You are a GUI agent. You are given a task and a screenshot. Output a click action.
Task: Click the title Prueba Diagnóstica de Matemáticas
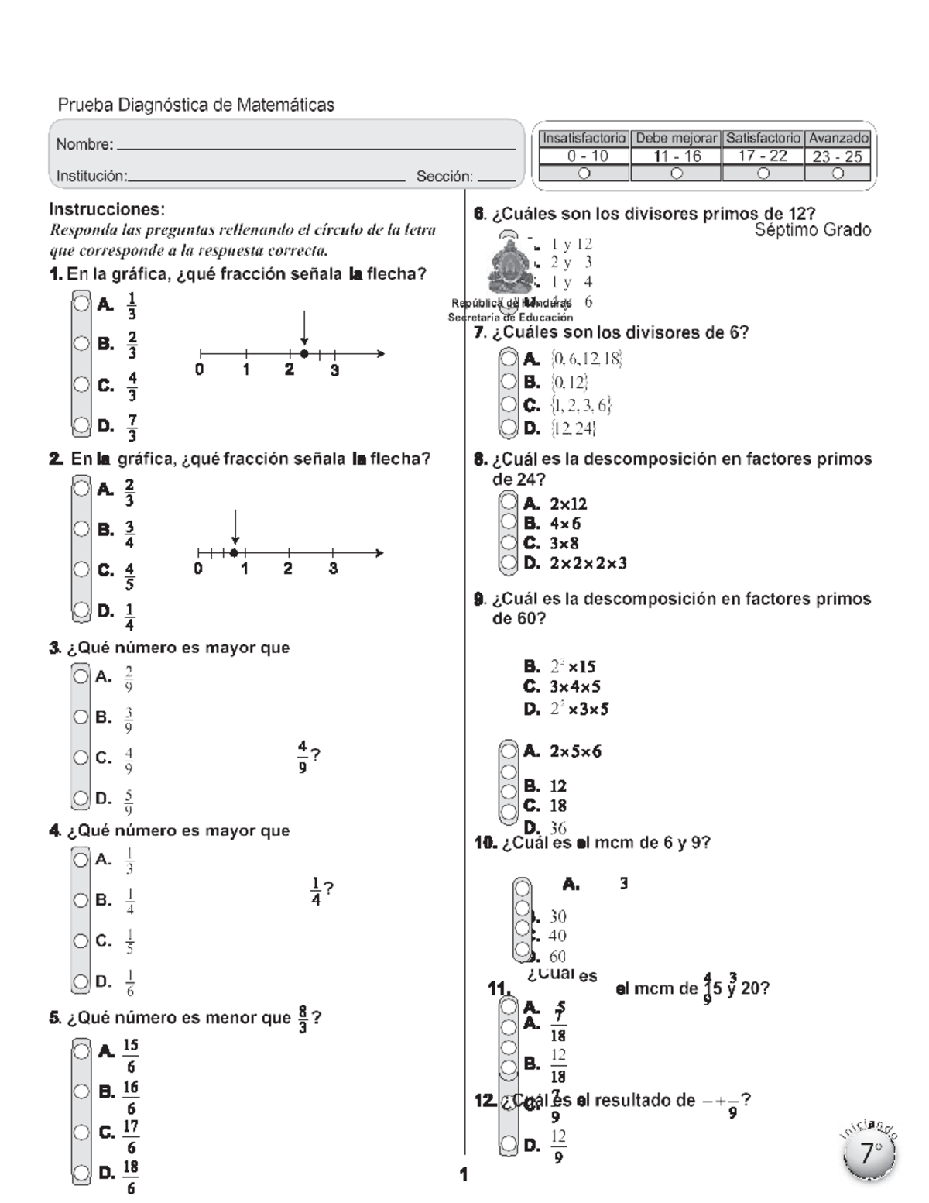pyautogui.click(x=196, y=105)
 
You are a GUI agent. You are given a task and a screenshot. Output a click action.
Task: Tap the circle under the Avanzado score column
pyautogui.click(x=837, y=174)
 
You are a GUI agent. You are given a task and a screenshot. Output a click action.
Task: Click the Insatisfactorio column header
pyautogui.click(x=584, y=138)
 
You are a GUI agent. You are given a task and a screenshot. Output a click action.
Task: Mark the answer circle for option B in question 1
pyautogui.click(x=81, y=343)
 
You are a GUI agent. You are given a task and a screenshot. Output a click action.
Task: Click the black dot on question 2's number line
pyautogui.click(x=235, y=552)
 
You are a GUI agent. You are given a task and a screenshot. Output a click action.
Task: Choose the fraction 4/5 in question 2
pyautogui.click(x=129, y=576)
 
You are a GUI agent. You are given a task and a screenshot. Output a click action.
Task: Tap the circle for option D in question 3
pyautogui.click(x=81, y=798)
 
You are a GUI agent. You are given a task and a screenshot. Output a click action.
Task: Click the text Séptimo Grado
pyautogui.click(x=812, y=230)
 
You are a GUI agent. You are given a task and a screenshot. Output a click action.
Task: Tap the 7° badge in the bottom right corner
pyautogui.click(x=869, y=1153)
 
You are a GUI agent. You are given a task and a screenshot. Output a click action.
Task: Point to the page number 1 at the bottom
pyautogui.click(x=463, y=1175)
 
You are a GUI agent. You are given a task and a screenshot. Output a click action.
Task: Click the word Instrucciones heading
pyautogui.click(x=107, y=209)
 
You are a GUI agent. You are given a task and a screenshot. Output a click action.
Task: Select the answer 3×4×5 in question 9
pyautogui.click(x=574, y=686)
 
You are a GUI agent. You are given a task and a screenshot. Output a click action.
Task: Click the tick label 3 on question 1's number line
pyautogui.click(x=334, y=370)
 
